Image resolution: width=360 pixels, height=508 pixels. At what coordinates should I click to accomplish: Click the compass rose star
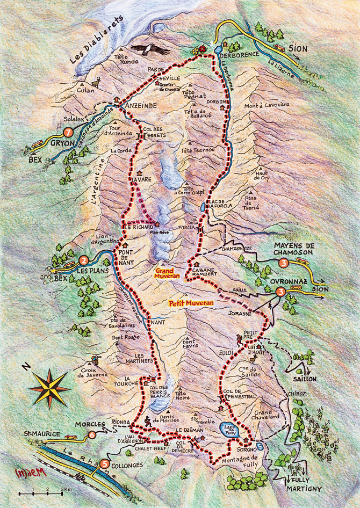[x=49, y=388]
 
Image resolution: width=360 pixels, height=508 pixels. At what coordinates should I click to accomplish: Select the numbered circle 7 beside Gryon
[x=68, y=132]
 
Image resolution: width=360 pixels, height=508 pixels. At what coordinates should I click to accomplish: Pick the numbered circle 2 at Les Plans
[x=83, y=260]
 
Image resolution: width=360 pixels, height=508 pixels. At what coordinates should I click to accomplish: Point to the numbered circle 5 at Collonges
[x=105, y=463]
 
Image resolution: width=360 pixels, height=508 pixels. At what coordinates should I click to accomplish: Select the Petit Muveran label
[x=191, y=303]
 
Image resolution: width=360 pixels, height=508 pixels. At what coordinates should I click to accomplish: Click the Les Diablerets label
[x=97, y=40]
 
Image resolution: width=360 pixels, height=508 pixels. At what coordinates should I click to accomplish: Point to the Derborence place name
[x=242, y=54]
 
